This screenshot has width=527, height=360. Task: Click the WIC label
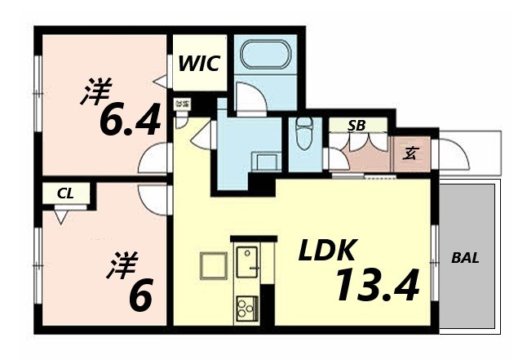pos(198,63)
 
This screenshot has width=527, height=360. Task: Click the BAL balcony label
pos(466,259)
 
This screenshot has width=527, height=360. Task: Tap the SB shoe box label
pos(356,125)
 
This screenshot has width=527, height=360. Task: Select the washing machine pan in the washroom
pos(265,161)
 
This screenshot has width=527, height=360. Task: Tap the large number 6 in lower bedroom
pos(139,296)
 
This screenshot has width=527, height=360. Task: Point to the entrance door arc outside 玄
pos(450,153)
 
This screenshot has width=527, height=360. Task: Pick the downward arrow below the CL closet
pos(61,216)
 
